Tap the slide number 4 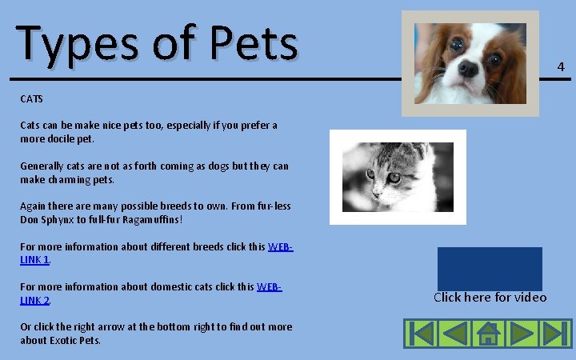(x=561, y=66)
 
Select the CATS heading (x=31, y=99)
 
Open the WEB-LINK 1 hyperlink (x=279, y=246)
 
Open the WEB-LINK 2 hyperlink (x=270, y=286)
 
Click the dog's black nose (x=468, y=70)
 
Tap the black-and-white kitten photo (x=398, y=177)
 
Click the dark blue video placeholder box (x=490, y=268)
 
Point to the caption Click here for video (x=490, y=298)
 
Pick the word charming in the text (x=77, y=179)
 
